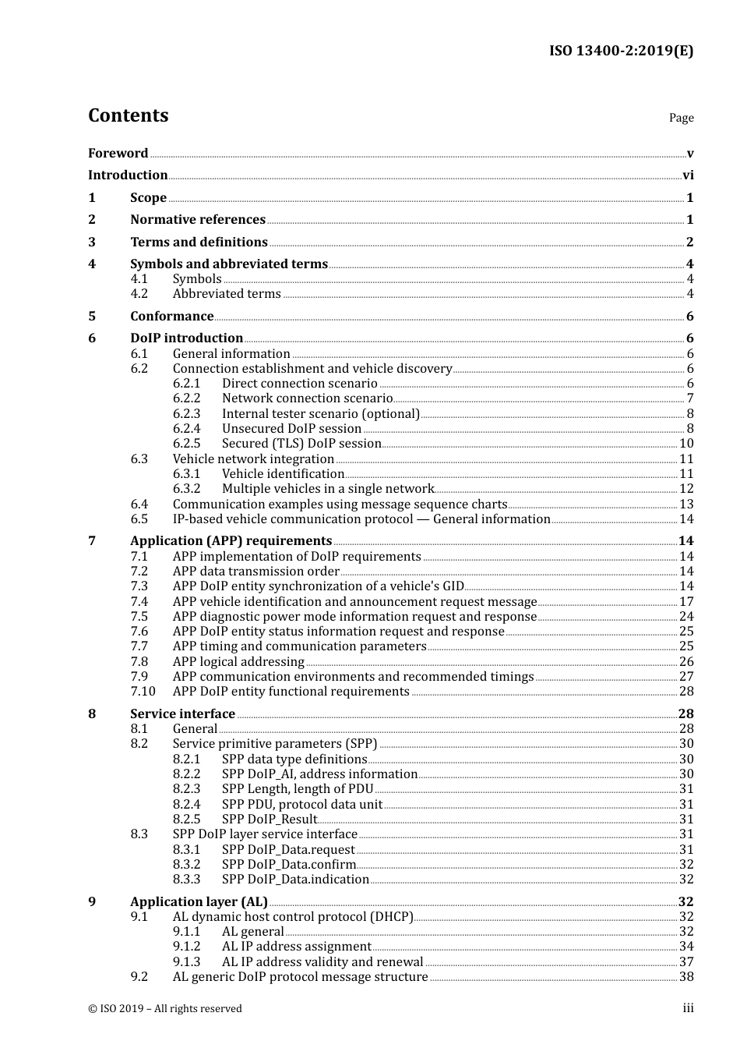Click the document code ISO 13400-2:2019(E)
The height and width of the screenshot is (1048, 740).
pos(621,51)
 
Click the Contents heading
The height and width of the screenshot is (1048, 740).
pos(128,115)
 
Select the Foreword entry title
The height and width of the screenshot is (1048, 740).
pos(118,153)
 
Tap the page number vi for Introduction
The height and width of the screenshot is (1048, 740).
pos(688,175)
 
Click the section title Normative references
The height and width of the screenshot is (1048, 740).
pos(198,220)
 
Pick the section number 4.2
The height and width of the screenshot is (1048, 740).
pos(139,294)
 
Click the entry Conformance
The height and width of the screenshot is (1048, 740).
pos(171,317)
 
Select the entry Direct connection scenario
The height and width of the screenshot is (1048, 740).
pos(299,384)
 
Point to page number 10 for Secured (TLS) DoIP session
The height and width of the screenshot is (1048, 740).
pos(686,444)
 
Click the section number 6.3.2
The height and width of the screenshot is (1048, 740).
pos(186,489)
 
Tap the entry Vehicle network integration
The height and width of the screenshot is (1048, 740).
pos(253,459)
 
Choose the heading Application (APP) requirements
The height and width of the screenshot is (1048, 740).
pos(231,541)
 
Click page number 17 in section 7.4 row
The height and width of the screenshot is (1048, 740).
pos(686,602)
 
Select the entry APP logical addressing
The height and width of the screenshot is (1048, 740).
pos(238,662)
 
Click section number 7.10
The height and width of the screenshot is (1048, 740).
pos(143,692)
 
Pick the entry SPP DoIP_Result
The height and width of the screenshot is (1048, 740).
pos(270,820)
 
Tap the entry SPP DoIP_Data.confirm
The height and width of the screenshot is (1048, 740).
pos(289,865)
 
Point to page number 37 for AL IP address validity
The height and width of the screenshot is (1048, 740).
pos(686,962)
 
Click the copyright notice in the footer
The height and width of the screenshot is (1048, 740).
pos(165,1009)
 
